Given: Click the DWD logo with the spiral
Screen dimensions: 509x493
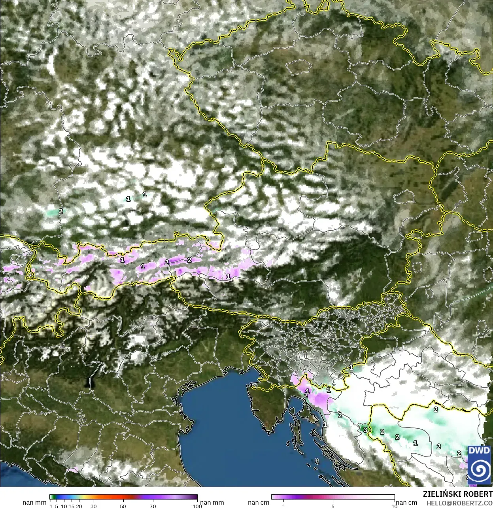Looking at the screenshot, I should (479, 465).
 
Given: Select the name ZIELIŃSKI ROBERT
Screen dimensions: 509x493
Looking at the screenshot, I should (457, 494).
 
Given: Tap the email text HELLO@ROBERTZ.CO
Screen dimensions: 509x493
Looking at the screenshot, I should (459, 503).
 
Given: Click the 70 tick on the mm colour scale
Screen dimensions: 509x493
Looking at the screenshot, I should (153, 506).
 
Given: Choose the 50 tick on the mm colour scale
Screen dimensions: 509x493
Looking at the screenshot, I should (123, 506).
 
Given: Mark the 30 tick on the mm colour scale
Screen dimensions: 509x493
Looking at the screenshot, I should (93, 506).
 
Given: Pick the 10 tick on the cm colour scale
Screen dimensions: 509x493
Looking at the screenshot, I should (394, 506).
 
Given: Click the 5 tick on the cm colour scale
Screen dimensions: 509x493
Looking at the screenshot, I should (333, 506).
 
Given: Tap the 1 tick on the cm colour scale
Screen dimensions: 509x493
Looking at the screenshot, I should (283, 506).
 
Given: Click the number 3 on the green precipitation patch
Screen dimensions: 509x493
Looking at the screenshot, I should (365, 430).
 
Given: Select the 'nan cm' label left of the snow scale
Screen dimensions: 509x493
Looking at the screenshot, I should (259, 503).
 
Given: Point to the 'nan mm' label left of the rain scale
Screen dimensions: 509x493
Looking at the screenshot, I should (34, 503).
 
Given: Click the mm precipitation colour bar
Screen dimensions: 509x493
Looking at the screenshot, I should (123, 497).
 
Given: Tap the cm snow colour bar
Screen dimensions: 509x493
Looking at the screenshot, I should (333, 497).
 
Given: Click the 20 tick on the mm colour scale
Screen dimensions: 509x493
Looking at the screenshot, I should (79, 506).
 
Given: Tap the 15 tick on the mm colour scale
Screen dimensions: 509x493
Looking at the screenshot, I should (72, 506).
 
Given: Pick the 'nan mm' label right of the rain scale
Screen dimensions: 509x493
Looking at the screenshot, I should (212, 503).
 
